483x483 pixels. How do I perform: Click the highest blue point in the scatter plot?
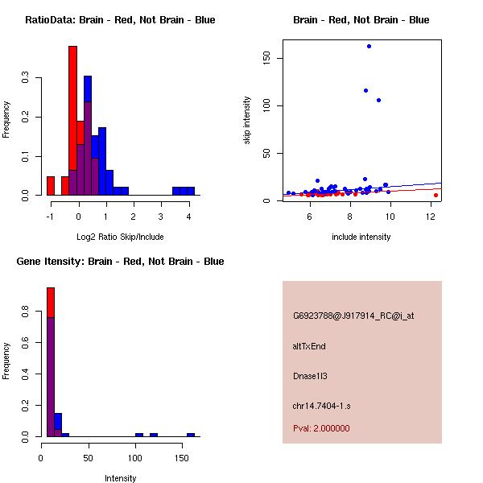pos(369,46)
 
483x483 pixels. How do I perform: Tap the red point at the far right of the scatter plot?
pos(436,195)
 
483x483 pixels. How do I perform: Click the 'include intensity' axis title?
pos(361,237)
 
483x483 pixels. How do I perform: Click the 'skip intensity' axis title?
pos(247,121)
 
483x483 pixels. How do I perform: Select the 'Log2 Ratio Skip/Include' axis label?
pos(120,237)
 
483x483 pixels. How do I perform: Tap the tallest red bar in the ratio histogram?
pos(72,121)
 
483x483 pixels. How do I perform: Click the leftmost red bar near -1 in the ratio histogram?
pos(51,186)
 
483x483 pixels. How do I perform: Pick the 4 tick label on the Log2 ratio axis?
pos(188,217)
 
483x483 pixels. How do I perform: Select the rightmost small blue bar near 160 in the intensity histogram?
pos(191,435)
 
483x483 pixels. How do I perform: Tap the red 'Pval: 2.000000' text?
pos(321,428)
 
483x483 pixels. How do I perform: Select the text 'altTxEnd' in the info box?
pos(309,346)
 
